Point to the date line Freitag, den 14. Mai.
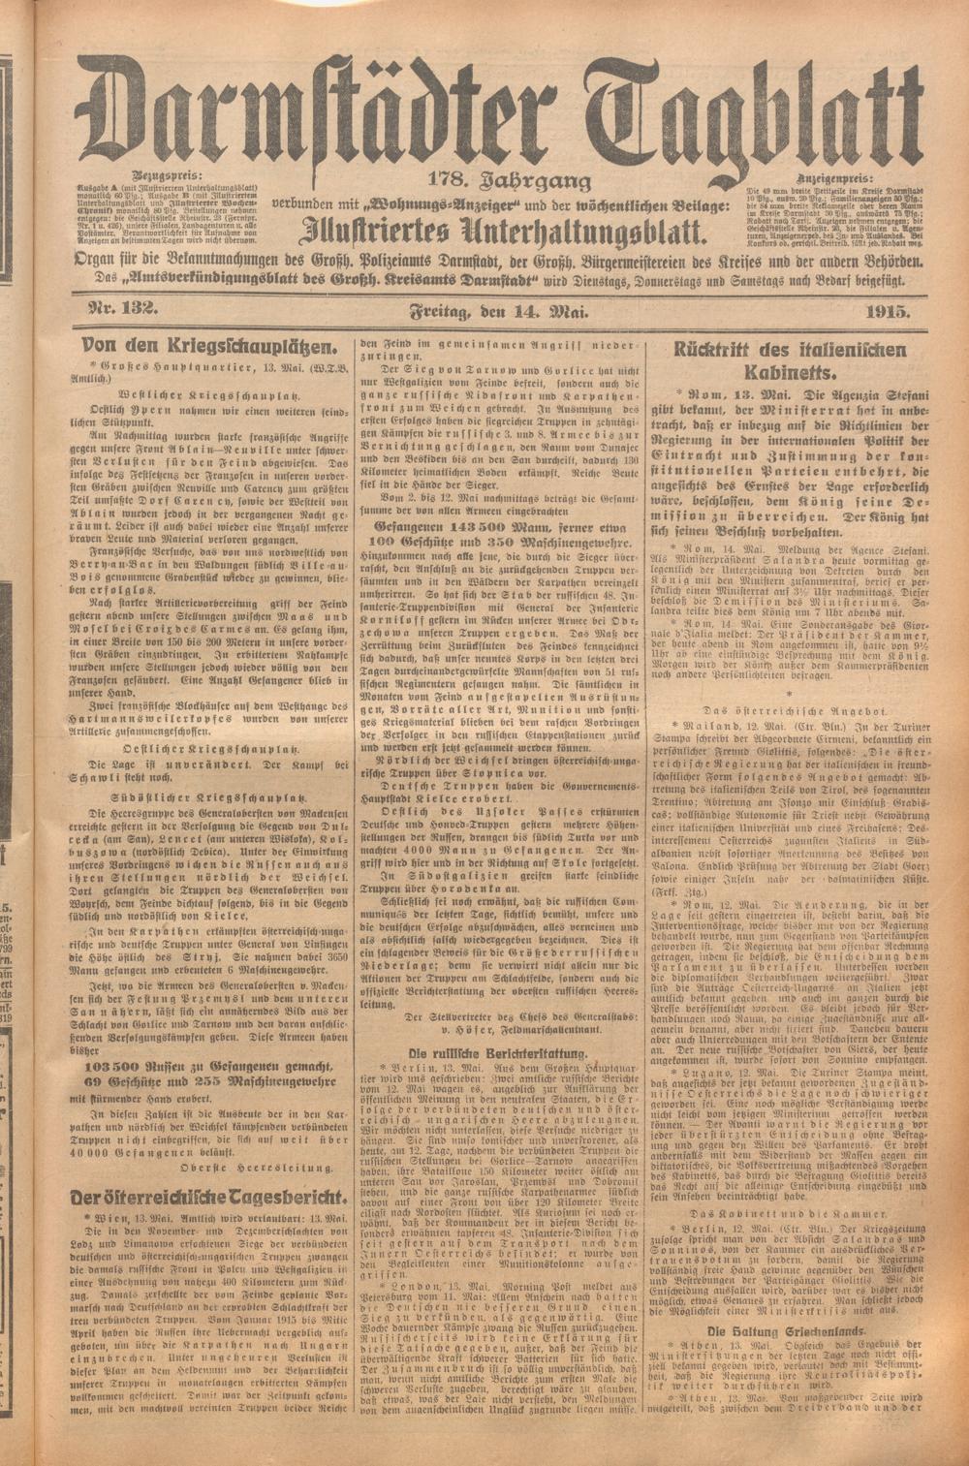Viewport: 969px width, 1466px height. click(x=501, y=311)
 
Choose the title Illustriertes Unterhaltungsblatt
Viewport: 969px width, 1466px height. click(x=501, y=230)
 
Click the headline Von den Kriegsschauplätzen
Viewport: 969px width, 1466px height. click(x=210, y=345)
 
